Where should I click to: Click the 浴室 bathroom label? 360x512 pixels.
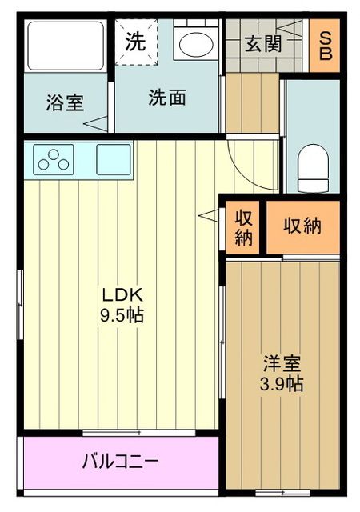(x=65, y=103)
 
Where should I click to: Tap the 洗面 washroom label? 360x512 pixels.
(x=167, y=98)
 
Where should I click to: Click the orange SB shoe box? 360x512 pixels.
(x=326, y=46)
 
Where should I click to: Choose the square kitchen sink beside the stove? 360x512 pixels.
(x=113, y=159)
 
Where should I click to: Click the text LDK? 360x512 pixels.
(x=121, y=294)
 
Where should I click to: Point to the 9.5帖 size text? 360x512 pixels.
(x=121, y=315)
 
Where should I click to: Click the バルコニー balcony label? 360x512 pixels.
(x=120, y=462)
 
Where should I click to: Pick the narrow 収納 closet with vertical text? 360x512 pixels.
(x=244, y=227)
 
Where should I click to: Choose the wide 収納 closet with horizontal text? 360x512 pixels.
(x=302, y=226)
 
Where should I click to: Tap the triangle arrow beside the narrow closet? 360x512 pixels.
(x=208, y=215)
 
